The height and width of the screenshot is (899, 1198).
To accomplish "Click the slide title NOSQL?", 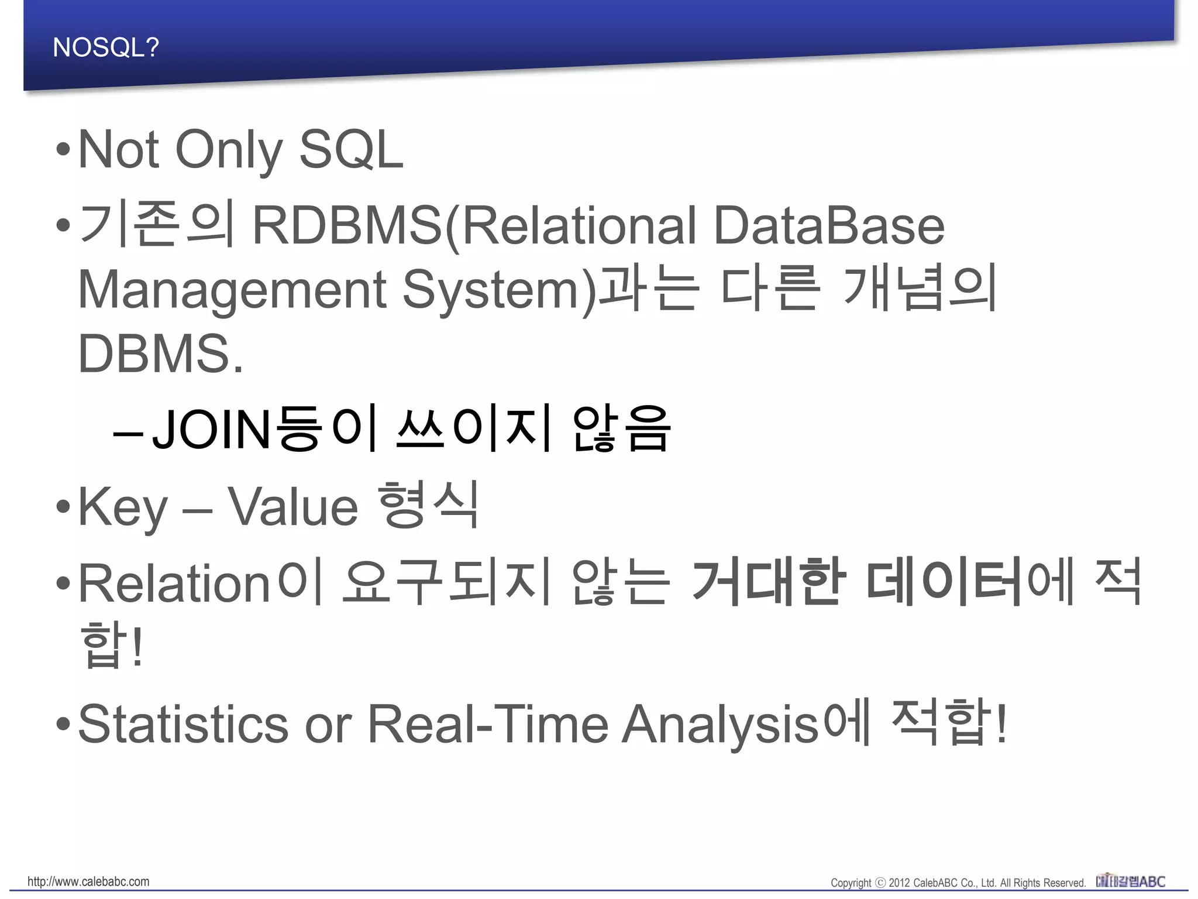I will (x=105, y=47).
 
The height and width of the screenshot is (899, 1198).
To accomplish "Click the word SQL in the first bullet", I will (x=351, y=150).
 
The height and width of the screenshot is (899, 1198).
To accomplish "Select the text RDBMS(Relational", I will (x=474, y=226).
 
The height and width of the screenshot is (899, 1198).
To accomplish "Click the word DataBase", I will (x=828, y=226).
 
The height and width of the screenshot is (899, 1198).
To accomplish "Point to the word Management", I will (x=232, y=290).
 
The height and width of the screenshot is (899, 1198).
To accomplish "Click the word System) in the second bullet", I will (x=501, y=290).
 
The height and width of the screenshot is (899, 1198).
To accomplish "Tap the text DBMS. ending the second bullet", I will (x=160, y=354).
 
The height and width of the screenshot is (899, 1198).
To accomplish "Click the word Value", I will (x=292, y=507).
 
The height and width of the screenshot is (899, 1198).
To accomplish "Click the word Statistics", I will (x=183, y=724).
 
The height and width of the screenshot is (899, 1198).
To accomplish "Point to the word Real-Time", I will (x=488, y=724).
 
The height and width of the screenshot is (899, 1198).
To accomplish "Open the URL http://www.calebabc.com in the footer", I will (x=88, y=881).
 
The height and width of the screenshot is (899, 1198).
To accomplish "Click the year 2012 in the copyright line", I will (x=899, y=883).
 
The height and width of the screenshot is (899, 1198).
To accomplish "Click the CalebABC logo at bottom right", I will (x=1130, y=881).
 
